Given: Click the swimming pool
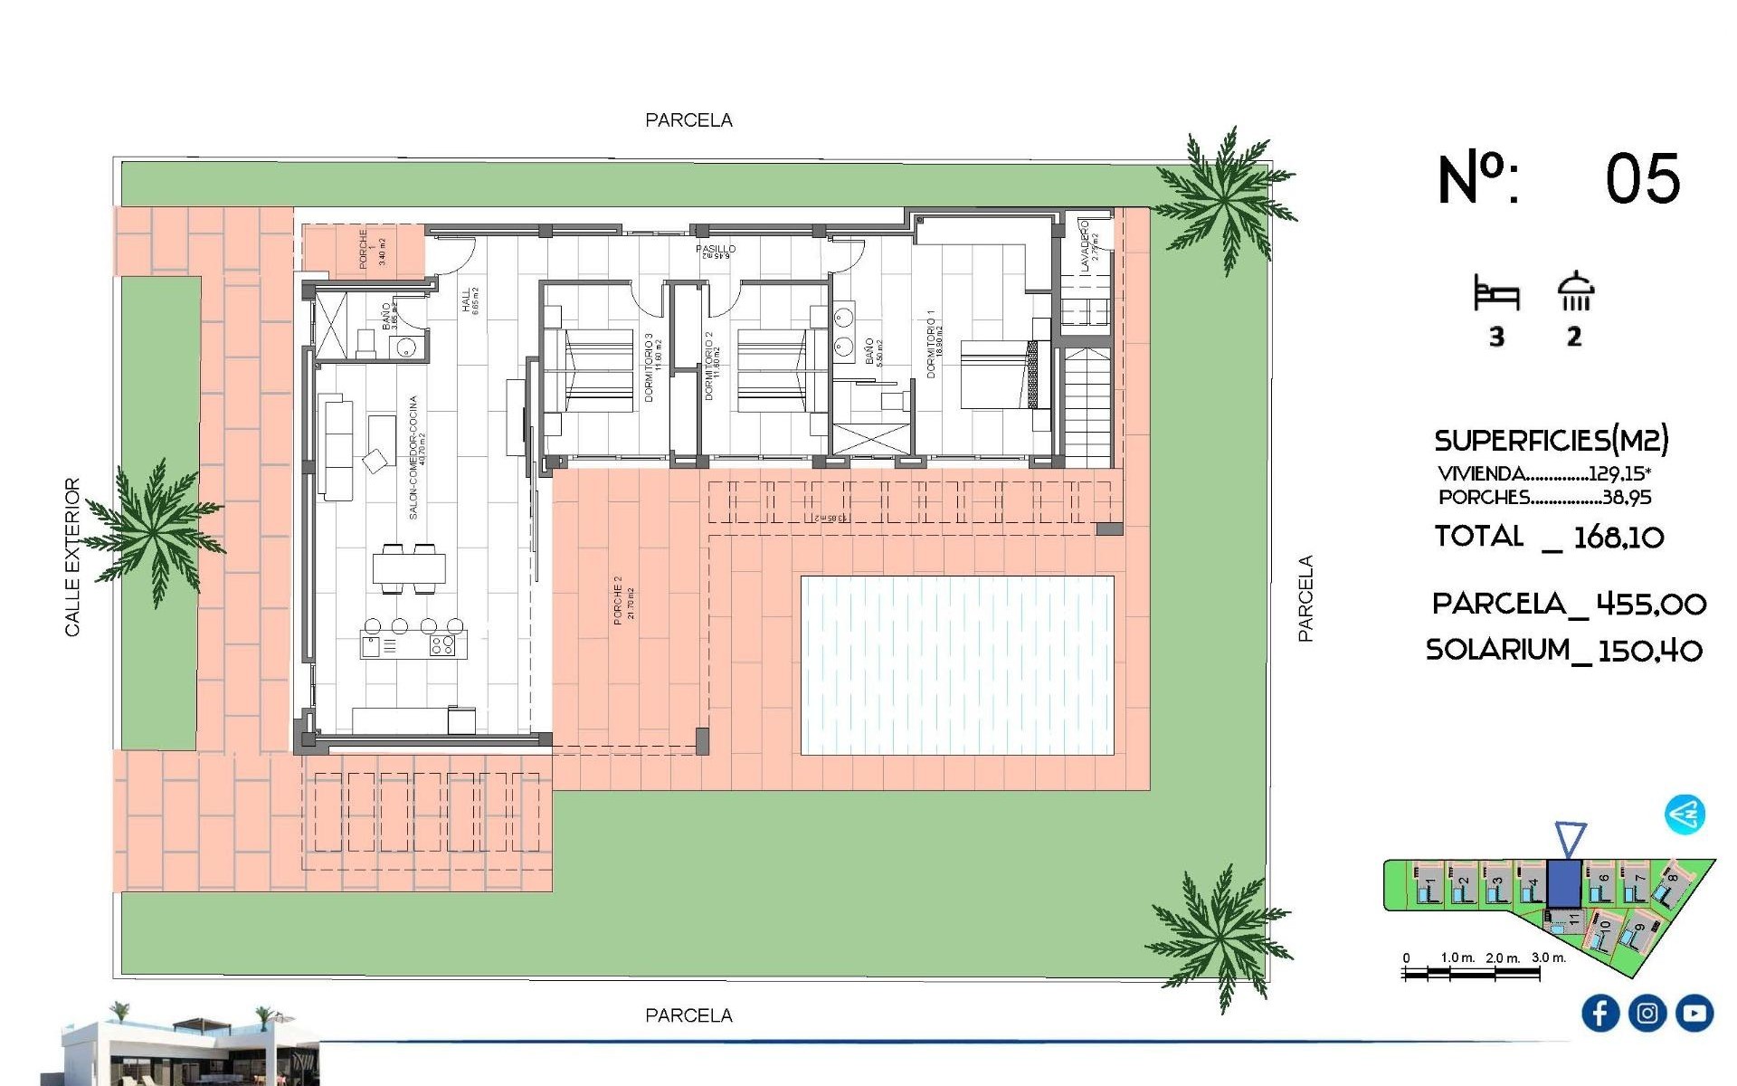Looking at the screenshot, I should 957,665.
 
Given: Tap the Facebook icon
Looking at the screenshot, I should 1599,1013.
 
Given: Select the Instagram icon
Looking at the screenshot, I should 1647,1013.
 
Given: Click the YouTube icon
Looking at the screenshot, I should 1694,1013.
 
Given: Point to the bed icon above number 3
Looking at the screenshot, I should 1496,294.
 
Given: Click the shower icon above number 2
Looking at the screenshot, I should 1575,291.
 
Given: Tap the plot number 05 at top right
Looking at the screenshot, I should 1642,179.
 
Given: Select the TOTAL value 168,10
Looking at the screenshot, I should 1618,538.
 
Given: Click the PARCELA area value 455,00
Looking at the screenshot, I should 1650,605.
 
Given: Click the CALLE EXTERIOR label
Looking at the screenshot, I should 72,557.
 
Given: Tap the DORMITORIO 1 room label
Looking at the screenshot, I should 931,344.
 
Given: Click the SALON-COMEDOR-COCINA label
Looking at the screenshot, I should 413,457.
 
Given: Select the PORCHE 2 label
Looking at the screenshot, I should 618,599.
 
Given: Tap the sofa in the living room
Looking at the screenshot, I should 336,448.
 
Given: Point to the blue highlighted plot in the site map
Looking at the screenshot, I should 1563,884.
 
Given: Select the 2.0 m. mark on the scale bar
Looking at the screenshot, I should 1502,957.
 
